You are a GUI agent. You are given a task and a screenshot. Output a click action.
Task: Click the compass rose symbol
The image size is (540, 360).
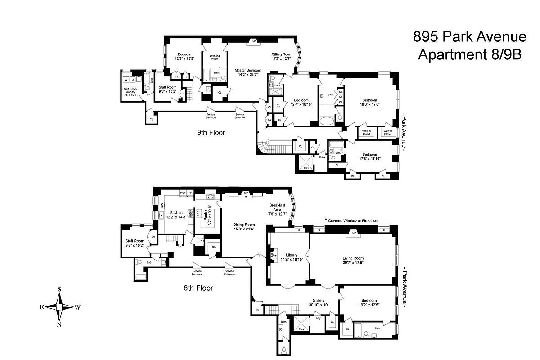point(59,307)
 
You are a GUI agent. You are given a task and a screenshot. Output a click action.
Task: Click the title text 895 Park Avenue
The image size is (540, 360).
point(469,37)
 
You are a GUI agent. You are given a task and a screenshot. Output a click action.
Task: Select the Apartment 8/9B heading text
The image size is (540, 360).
point(469,54)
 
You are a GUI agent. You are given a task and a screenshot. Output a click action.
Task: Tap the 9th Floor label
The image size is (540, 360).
point(211,132)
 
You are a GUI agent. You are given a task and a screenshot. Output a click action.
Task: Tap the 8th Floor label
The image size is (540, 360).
point(198,288)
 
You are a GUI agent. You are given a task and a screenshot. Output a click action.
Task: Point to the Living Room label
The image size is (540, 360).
point(353,258)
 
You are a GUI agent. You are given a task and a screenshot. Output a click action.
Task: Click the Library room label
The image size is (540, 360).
point(288,255)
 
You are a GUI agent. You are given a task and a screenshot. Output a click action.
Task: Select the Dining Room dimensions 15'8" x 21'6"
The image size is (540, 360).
point(243,229)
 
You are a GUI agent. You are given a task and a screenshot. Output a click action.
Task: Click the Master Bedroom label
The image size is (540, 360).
point(247,70)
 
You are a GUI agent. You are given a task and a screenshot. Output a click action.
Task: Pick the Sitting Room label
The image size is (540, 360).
point(282,54)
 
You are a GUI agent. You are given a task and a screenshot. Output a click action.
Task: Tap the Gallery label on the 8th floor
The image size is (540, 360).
point(319,301)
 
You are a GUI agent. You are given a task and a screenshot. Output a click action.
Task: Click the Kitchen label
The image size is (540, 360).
point(176,212)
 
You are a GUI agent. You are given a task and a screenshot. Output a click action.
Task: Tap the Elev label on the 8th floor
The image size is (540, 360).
point(301,329)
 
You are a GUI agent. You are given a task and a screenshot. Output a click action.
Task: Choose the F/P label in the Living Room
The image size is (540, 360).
point(353,233)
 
